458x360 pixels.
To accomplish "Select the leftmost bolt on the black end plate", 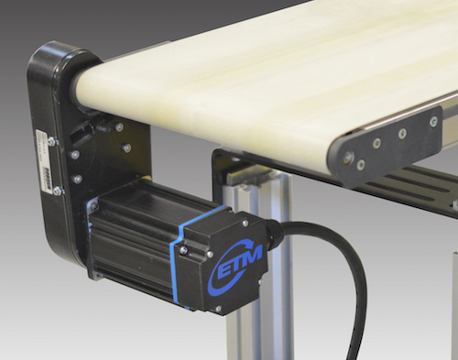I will [347, 157].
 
